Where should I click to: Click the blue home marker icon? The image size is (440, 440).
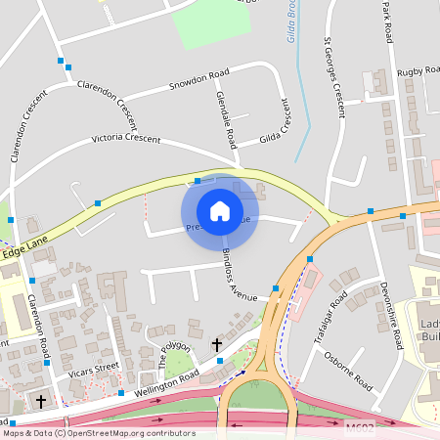pos(220,211)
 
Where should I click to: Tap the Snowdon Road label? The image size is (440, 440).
pos(198,78)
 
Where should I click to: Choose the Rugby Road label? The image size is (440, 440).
pos(417,71)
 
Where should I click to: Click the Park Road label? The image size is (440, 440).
pos(387,22)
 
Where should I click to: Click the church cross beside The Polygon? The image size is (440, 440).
pos(217,344)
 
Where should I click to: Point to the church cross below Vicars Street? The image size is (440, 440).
pos(41,400)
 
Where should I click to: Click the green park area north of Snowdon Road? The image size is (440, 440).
pos(210,24)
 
